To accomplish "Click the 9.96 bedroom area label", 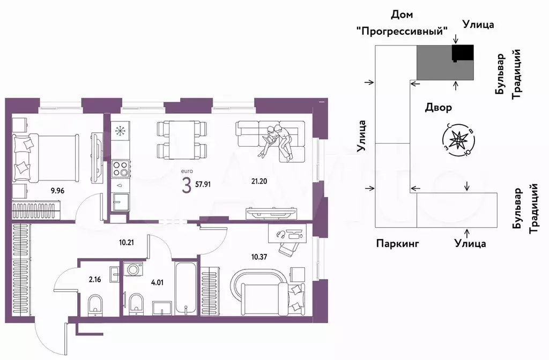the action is [x=57, y=191].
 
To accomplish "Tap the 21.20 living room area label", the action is [x=259, y=181].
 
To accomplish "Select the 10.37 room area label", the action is [x=259, y=257].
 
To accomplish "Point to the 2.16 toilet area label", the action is [x=95, y=280].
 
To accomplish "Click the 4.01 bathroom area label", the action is [x=157, y=282].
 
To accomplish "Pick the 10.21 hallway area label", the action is [x=127, y=242].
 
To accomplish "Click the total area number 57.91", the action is [x=203, y=184].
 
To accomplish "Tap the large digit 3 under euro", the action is [x=187, y=185].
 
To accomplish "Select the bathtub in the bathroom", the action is [x=186, y=287].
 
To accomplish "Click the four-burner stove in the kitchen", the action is [x=121, y=168].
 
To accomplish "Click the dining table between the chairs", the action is [x=182, y=140].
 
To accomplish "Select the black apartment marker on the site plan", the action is [x=463, y=54].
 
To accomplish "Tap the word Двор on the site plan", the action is [x=439, y=107].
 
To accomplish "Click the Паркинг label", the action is [x=397, y=243].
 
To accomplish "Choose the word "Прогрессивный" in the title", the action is [x=402, y=32].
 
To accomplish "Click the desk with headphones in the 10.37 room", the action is [x=289, y=234].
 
